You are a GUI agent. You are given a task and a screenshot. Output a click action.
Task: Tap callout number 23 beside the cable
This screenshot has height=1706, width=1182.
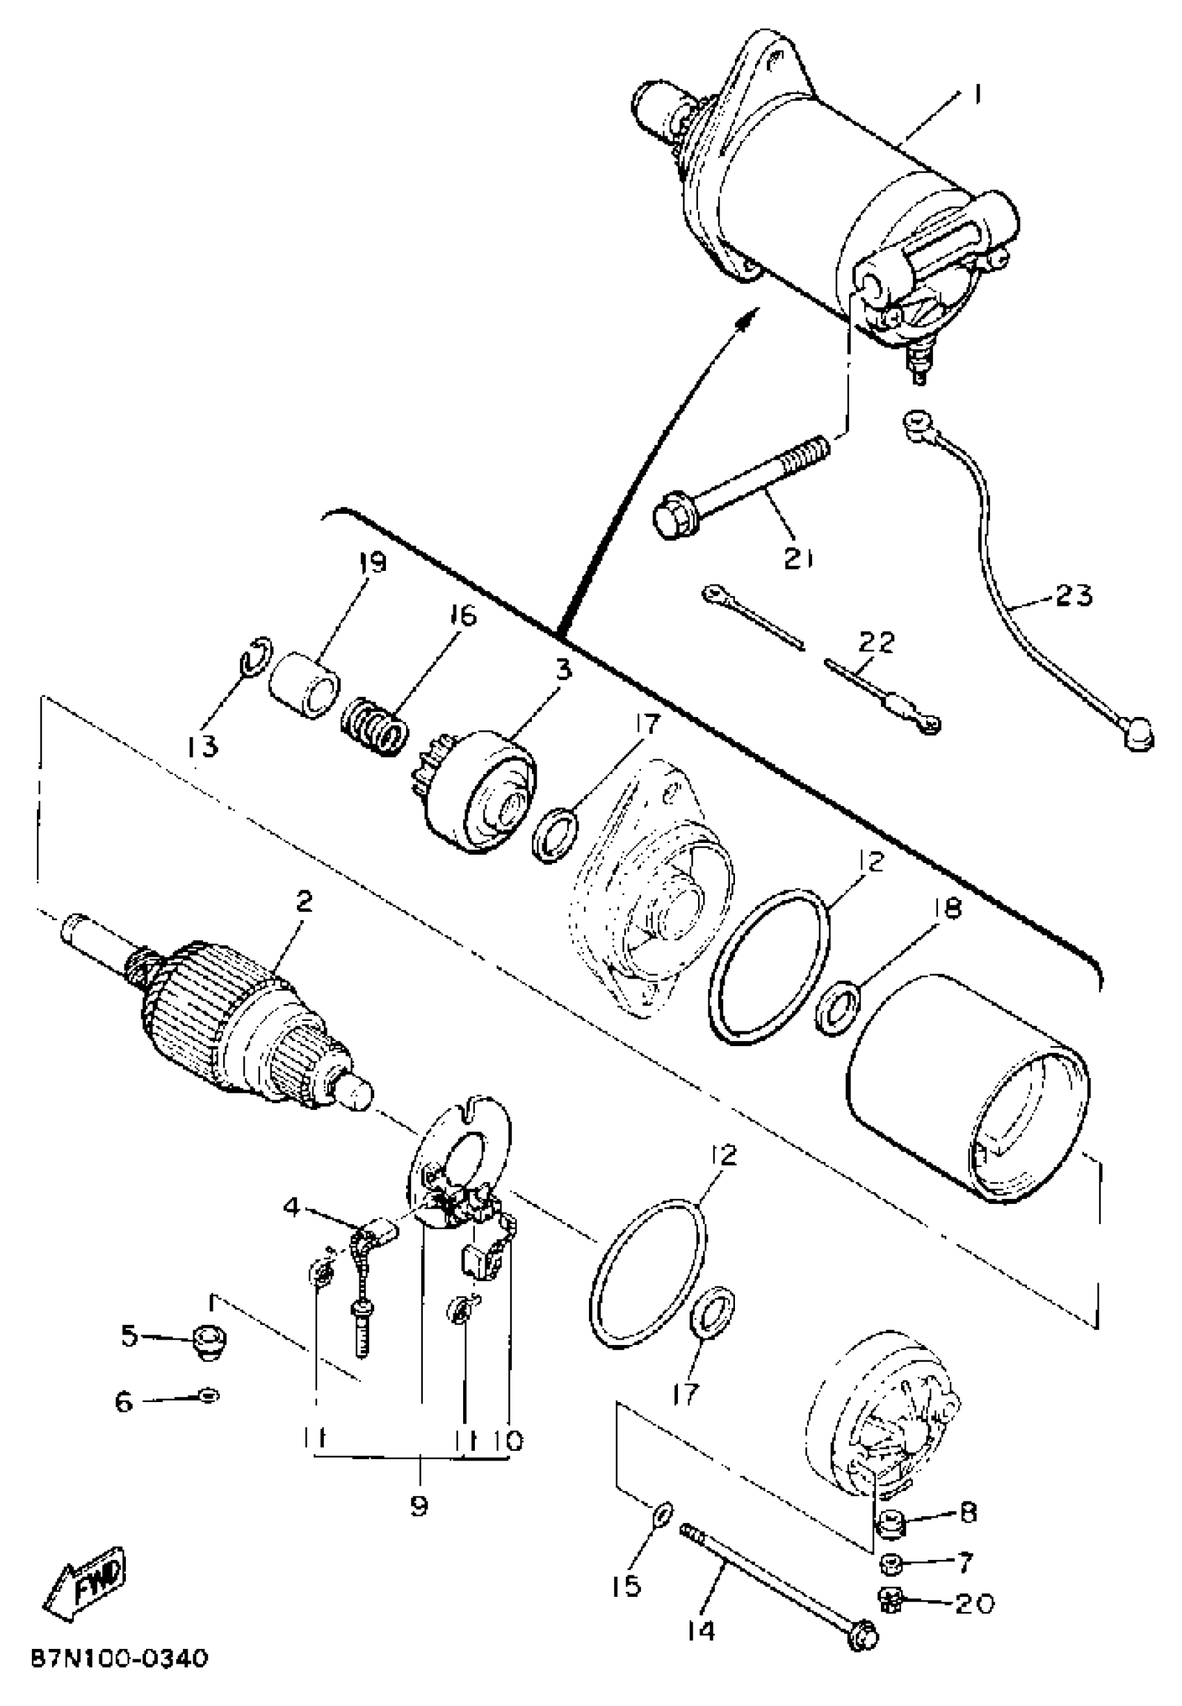pyautogui.click(x=1074, y=594)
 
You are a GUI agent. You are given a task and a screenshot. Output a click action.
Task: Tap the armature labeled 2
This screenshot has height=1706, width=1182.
pyautogui.click(x=245, y=1022)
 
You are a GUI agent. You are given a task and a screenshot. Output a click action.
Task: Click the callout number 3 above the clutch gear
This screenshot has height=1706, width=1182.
pyautogui.click(x=564, y=672)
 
